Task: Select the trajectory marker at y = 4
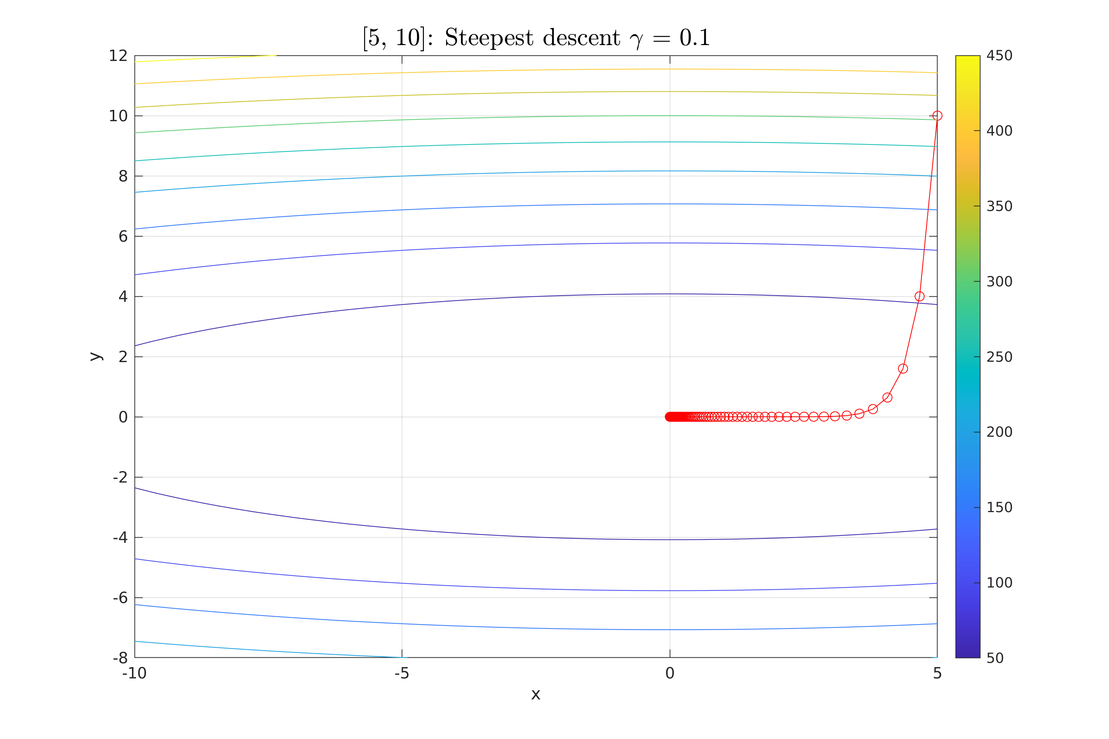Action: coord(919,296)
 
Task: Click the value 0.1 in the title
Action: coord(695,38)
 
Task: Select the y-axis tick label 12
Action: coord(118,56)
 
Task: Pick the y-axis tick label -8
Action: coord(120,658)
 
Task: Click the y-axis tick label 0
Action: coord(123,417)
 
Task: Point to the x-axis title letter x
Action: coord(536,695)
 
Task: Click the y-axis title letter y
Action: coord(96,357)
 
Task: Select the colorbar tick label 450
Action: coord(1000,56)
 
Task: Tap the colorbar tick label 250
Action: coord(1000,357)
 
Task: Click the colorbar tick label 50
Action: coord(996,658)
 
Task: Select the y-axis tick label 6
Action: coord(123,236)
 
